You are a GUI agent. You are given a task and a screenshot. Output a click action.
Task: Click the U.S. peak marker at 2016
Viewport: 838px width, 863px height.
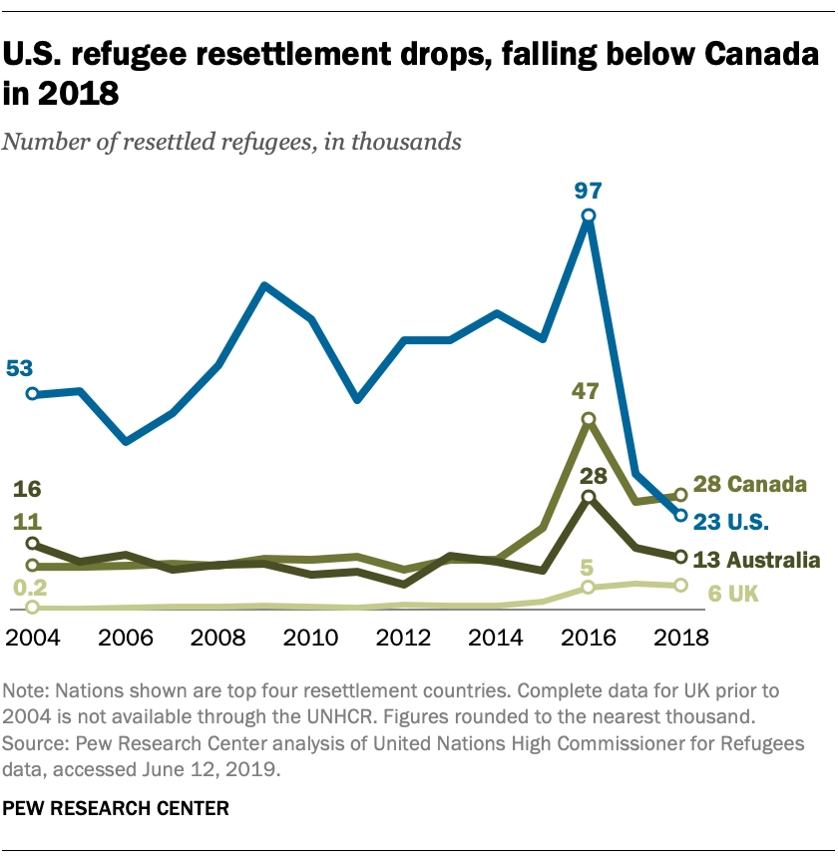pyautogui.click(x=589, y=216)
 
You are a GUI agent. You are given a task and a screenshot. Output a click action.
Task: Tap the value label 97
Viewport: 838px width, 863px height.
pyautogui.click(x=589, y=190)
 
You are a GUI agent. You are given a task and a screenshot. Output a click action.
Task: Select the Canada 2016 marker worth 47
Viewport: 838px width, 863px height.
pyautogui.click(x=589, y=419)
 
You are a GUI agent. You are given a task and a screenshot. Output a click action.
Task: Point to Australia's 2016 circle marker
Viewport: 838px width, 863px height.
pyautogui.click(x=589, y=497)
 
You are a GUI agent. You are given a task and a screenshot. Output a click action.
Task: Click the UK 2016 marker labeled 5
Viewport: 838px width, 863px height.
pyautogui.click(x=589, y=588)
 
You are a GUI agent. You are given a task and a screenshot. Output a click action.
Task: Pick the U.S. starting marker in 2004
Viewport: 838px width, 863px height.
pyautogui.click(x=32, y=394)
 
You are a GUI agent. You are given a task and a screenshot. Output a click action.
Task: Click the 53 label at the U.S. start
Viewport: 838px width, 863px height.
pyautogui.click(x=20, y=368)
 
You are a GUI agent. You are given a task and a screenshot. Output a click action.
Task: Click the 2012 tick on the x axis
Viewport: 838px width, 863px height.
pyautogui.click(x=404, y=638)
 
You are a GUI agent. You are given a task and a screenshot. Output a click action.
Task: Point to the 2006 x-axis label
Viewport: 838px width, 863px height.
pyautogui.click(x=126, y=638)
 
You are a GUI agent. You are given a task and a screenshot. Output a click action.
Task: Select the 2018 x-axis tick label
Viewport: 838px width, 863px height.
pyautogui.click(x=680, y=638)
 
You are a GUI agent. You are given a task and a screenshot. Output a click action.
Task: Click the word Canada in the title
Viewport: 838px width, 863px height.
pyautogui.click(x=735, y=58)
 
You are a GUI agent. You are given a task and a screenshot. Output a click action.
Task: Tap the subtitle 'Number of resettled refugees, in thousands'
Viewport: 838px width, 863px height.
pyautogui.click(x=232, y=141)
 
